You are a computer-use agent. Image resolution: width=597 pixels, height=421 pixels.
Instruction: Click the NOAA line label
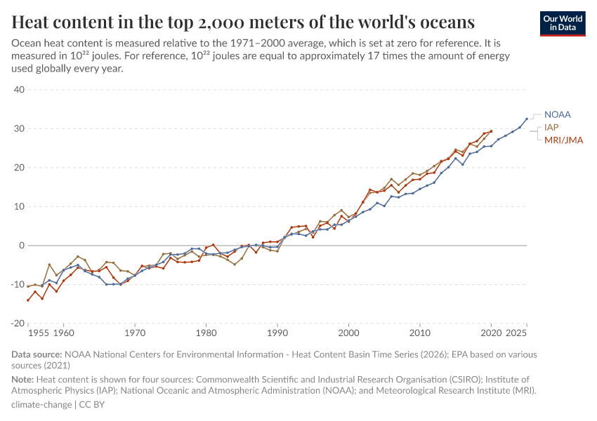click(558, 114)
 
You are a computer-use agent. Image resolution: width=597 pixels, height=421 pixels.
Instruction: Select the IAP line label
click(551, 127)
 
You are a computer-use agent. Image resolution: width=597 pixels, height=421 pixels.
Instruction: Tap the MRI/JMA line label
click(563, 140)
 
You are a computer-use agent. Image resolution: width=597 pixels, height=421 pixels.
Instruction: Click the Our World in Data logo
click(563, 22)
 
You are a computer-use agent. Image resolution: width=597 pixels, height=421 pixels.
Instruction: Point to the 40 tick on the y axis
click(19, 90)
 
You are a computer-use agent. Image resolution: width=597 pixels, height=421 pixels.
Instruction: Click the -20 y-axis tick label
click(18, 323)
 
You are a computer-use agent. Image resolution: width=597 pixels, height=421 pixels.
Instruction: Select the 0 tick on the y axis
click(22, 246)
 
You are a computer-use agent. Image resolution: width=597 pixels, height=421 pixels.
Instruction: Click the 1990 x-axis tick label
click(278, 333)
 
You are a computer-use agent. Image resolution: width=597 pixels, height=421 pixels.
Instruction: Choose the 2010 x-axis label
click(421, 333)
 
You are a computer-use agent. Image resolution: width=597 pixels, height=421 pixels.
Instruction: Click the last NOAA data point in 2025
click(527, 119)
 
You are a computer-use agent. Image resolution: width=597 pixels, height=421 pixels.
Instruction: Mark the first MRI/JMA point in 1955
click(28, 300)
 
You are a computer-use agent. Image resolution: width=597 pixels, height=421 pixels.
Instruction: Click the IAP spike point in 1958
click(49, 265)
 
